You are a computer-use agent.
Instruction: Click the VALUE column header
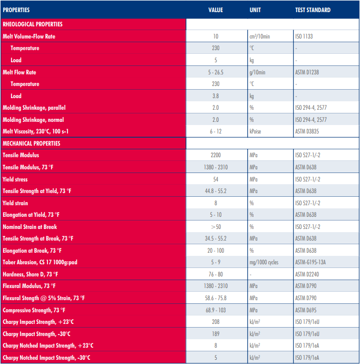pos(216,10)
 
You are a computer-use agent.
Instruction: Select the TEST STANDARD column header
pos(313,10)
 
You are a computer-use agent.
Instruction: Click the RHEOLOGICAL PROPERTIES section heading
pos(33,24)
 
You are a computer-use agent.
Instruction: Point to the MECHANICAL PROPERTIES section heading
pos(32,143)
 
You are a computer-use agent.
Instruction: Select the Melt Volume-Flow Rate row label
pos(29,36)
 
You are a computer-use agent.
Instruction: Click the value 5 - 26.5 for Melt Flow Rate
pos(216,72)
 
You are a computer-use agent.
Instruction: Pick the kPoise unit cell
pos(257,131)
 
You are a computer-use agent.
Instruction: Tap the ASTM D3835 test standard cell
pos(307,131)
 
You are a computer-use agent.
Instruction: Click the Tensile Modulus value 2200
pos(216,155)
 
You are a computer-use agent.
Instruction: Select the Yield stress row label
pos(15,179)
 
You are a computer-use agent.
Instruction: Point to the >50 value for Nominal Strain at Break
pos(216,226)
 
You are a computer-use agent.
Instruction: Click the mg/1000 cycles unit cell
pos(265,262)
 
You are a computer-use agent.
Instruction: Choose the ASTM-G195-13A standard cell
pos(311,262)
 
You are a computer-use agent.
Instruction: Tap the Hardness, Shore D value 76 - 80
pos(216,274)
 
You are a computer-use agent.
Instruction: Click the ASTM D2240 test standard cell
pos(307,274)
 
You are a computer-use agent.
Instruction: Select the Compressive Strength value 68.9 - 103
pos(216,310)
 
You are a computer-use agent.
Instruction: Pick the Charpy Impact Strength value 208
pos(216,322)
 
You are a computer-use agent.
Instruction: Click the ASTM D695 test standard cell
pos(306,310)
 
